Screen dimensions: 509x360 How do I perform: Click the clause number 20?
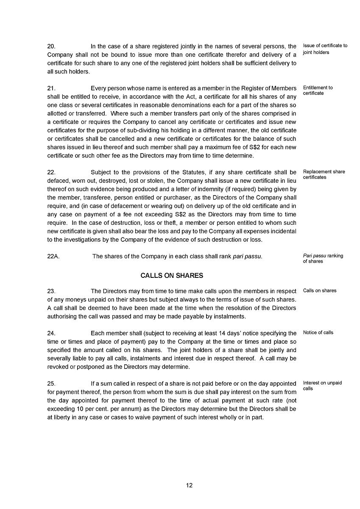click(51, 46)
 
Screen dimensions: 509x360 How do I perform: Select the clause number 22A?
click(53, 256)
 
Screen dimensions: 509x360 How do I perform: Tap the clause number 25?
click(51, 383)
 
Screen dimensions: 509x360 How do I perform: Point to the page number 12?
click(189, 485)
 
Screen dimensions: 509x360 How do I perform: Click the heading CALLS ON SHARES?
click(172, 276)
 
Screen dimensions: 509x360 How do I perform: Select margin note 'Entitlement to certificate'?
click(318, 90)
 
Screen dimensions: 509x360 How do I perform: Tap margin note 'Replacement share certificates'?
click(324, 174)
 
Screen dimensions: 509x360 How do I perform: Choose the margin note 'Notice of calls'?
click(318, 333)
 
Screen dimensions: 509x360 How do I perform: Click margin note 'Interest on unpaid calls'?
click(322, 386)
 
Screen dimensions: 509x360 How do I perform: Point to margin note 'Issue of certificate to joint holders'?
click(325, 49)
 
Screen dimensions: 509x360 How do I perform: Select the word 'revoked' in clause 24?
click(57, 367)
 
